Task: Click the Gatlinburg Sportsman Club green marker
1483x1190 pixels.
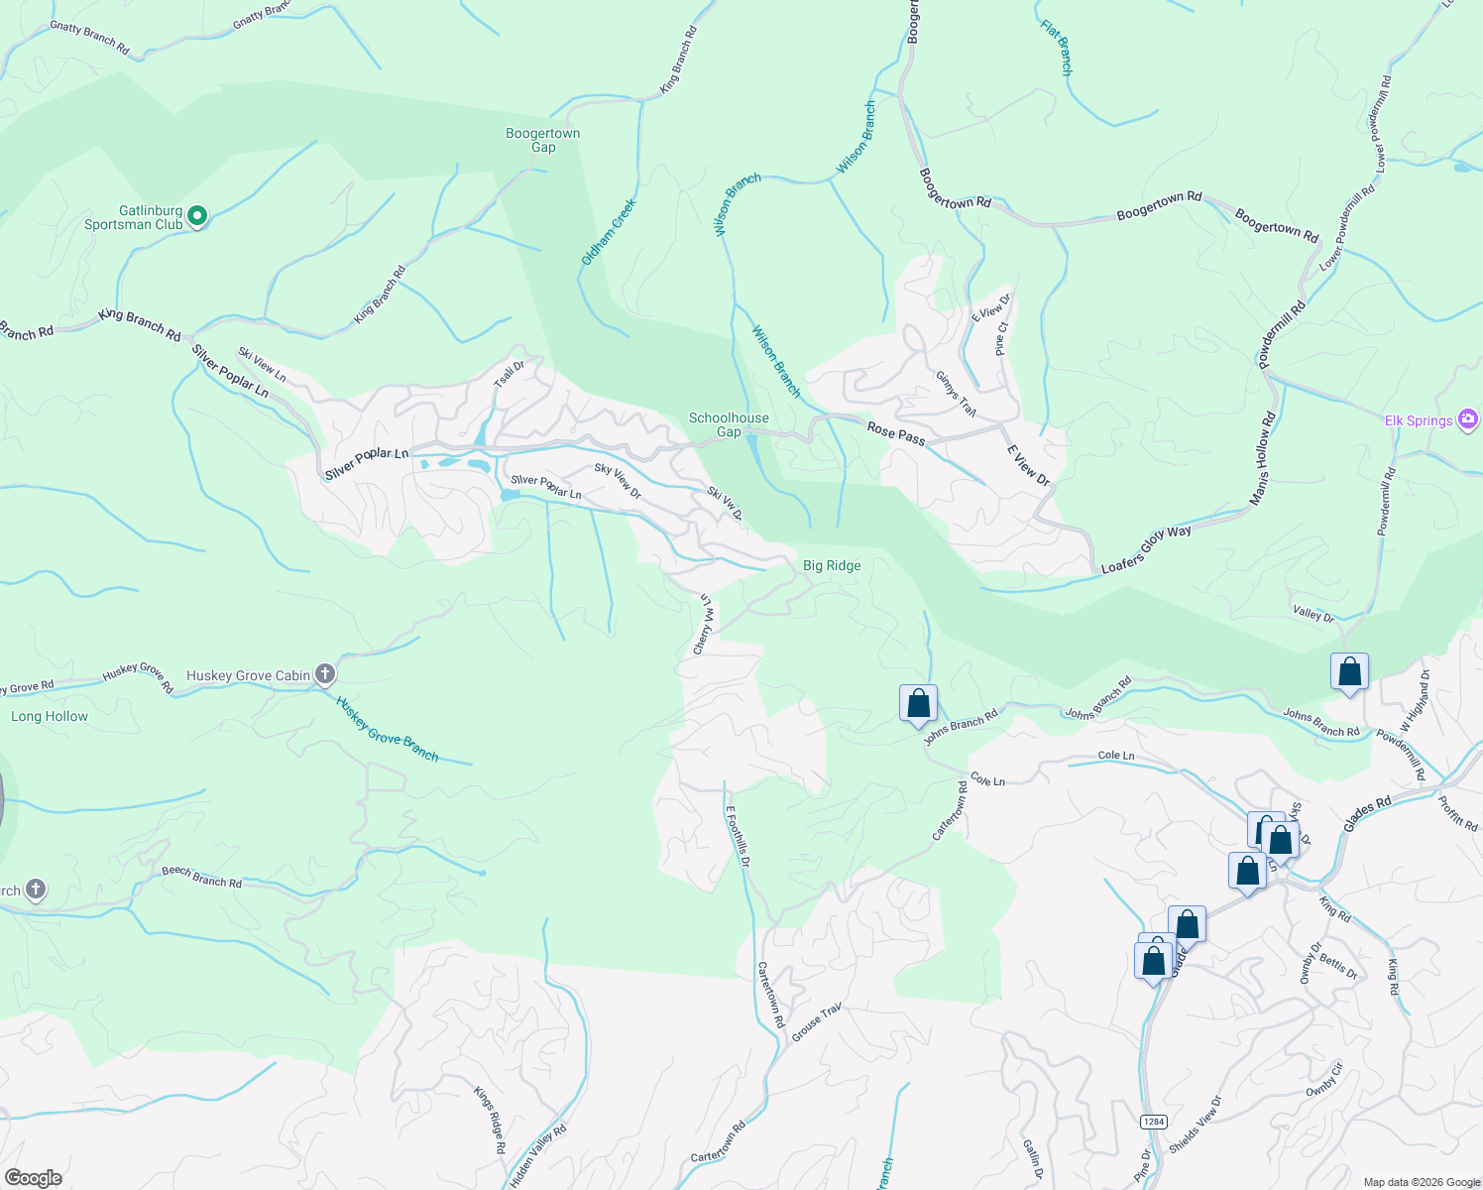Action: point(197,215)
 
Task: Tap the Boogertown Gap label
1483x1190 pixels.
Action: point(543,140)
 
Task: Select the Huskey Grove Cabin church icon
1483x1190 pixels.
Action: point(324,675)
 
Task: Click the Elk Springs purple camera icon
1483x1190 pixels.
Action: point(1468,419)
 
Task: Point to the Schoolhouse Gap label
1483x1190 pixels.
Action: point(729,424)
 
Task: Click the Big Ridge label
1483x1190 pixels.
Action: point(832,565)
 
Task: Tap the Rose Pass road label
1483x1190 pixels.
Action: point(896,432)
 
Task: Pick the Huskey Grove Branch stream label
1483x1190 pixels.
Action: point(387,729)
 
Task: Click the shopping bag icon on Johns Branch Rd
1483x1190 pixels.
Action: point(919,703)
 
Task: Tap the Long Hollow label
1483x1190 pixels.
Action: point(50,716)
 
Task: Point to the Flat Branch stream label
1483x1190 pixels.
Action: point(1057,48)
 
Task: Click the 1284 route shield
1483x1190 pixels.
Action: point(1152,1122)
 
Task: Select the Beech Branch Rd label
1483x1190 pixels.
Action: point(201,877)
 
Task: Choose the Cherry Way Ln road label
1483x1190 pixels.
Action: point(704,624)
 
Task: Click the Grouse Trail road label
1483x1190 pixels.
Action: point(816,1021)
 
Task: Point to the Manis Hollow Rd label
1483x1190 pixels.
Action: point(1261,461)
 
